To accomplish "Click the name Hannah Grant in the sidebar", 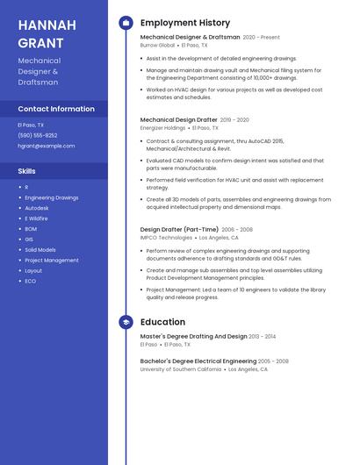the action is click(41, 32).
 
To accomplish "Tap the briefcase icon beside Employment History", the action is click(126, 23).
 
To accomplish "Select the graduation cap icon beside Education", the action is click(126, 322).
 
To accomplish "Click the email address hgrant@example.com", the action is click(46, 146).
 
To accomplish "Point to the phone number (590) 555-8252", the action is click(37, 135).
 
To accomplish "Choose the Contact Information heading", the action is click(56, 109).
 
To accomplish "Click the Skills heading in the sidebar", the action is click(26, 170).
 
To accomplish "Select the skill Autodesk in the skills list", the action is click(37, 208).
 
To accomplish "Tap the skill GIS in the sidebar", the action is click(28, 239).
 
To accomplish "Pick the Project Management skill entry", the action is click(51, 260).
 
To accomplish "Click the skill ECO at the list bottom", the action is click(30, 281).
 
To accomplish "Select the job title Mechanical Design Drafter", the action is click(178, 119).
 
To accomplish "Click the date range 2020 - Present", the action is click(261, 38).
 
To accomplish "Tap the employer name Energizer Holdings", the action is click(162, 127).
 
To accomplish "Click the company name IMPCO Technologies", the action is click(166, 237).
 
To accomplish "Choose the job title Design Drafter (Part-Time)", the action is click(180, 229).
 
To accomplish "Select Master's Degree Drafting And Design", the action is click(193, 336).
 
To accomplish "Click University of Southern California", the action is click(181, 369).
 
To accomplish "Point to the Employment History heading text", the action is click(184, 23).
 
